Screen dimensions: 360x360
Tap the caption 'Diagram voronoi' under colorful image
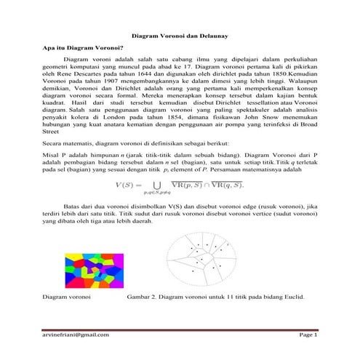[x=66, y=297]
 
